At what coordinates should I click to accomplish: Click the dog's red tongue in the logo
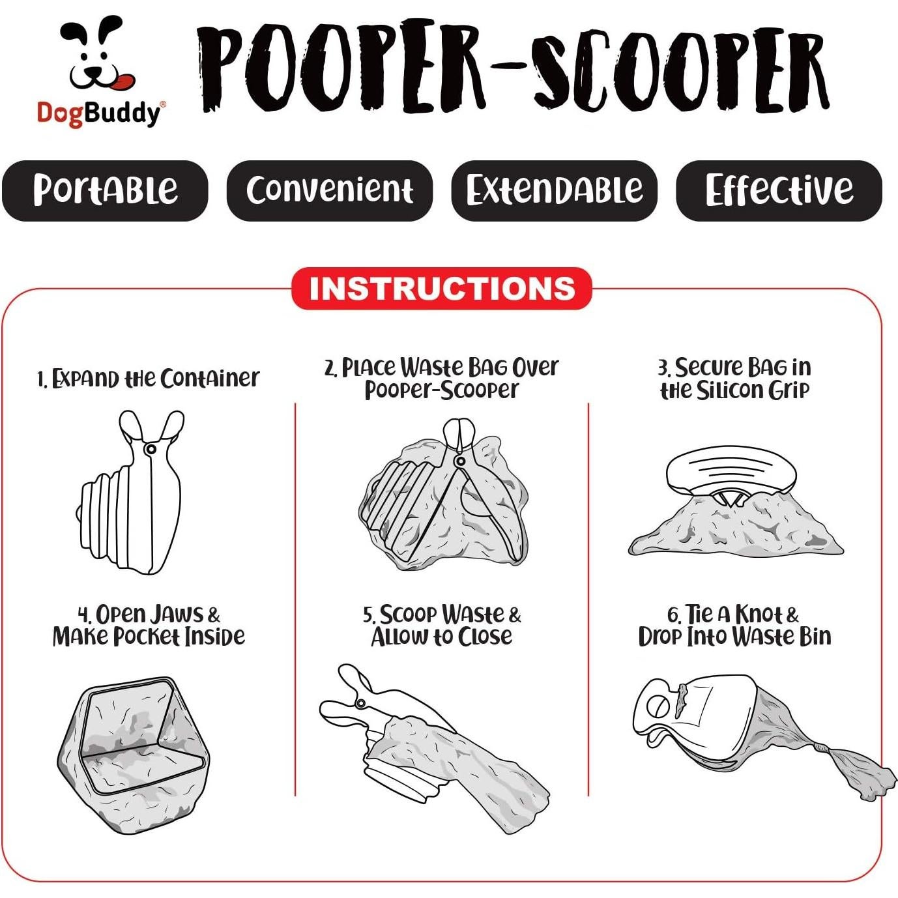pyautogui.click(x=122, y=82)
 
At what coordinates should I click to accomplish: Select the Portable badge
pyautogui.click(x=105, y=190)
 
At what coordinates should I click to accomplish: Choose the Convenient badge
pyautogui.click(x=329, y=190)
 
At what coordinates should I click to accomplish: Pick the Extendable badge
pyautogui.click(x=554, y=190)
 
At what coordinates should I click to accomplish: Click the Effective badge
pyautogui.click(x=779, y=190)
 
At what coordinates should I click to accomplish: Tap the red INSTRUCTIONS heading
pyautogui.click(x=442, y=289)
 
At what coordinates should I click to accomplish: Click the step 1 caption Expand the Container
pyautogui.click(x=148, y=379)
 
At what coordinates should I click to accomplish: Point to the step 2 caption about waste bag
pyautogui.click(x=441, y=379)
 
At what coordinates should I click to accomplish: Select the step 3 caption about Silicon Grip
pyautogui.click(x=734, y=379)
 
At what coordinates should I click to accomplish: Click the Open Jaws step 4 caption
pyautogui.click(x=149, y=626)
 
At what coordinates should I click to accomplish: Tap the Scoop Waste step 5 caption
pyautogui.click(x=442, y=626)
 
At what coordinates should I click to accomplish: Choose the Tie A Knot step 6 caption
pyautogui.click(x=734, y=626)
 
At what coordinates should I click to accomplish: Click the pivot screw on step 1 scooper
pyautogui.click(x=151, y=449)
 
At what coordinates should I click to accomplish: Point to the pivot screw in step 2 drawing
pyautogui.click(x=460, y=461)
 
